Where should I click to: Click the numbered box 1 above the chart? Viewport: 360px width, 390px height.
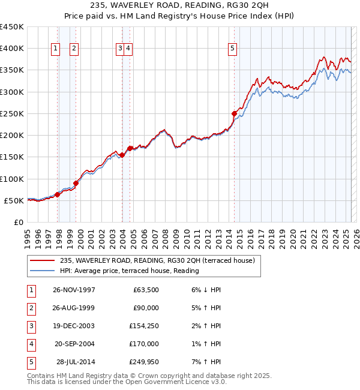[x=55, y=49]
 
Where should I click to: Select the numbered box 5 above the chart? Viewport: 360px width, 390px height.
[x=232, y=49]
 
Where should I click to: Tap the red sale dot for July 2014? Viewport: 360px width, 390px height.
[x=235, y=113]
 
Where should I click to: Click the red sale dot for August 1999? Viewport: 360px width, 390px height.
[x=76, y=183]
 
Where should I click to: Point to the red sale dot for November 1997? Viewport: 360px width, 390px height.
[x=58, y=194]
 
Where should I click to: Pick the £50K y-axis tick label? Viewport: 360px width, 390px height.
[x=14, y=200]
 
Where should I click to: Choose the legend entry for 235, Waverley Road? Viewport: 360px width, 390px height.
[x=157, y=260]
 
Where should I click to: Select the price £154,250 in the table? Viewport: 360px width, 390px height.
[x=142, y=326]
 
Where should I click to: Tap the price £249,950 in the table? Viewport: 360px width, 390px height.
[x=142, y=362]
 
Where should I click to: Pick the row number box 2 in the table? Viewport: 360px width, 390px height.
[x=30, y=308]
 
